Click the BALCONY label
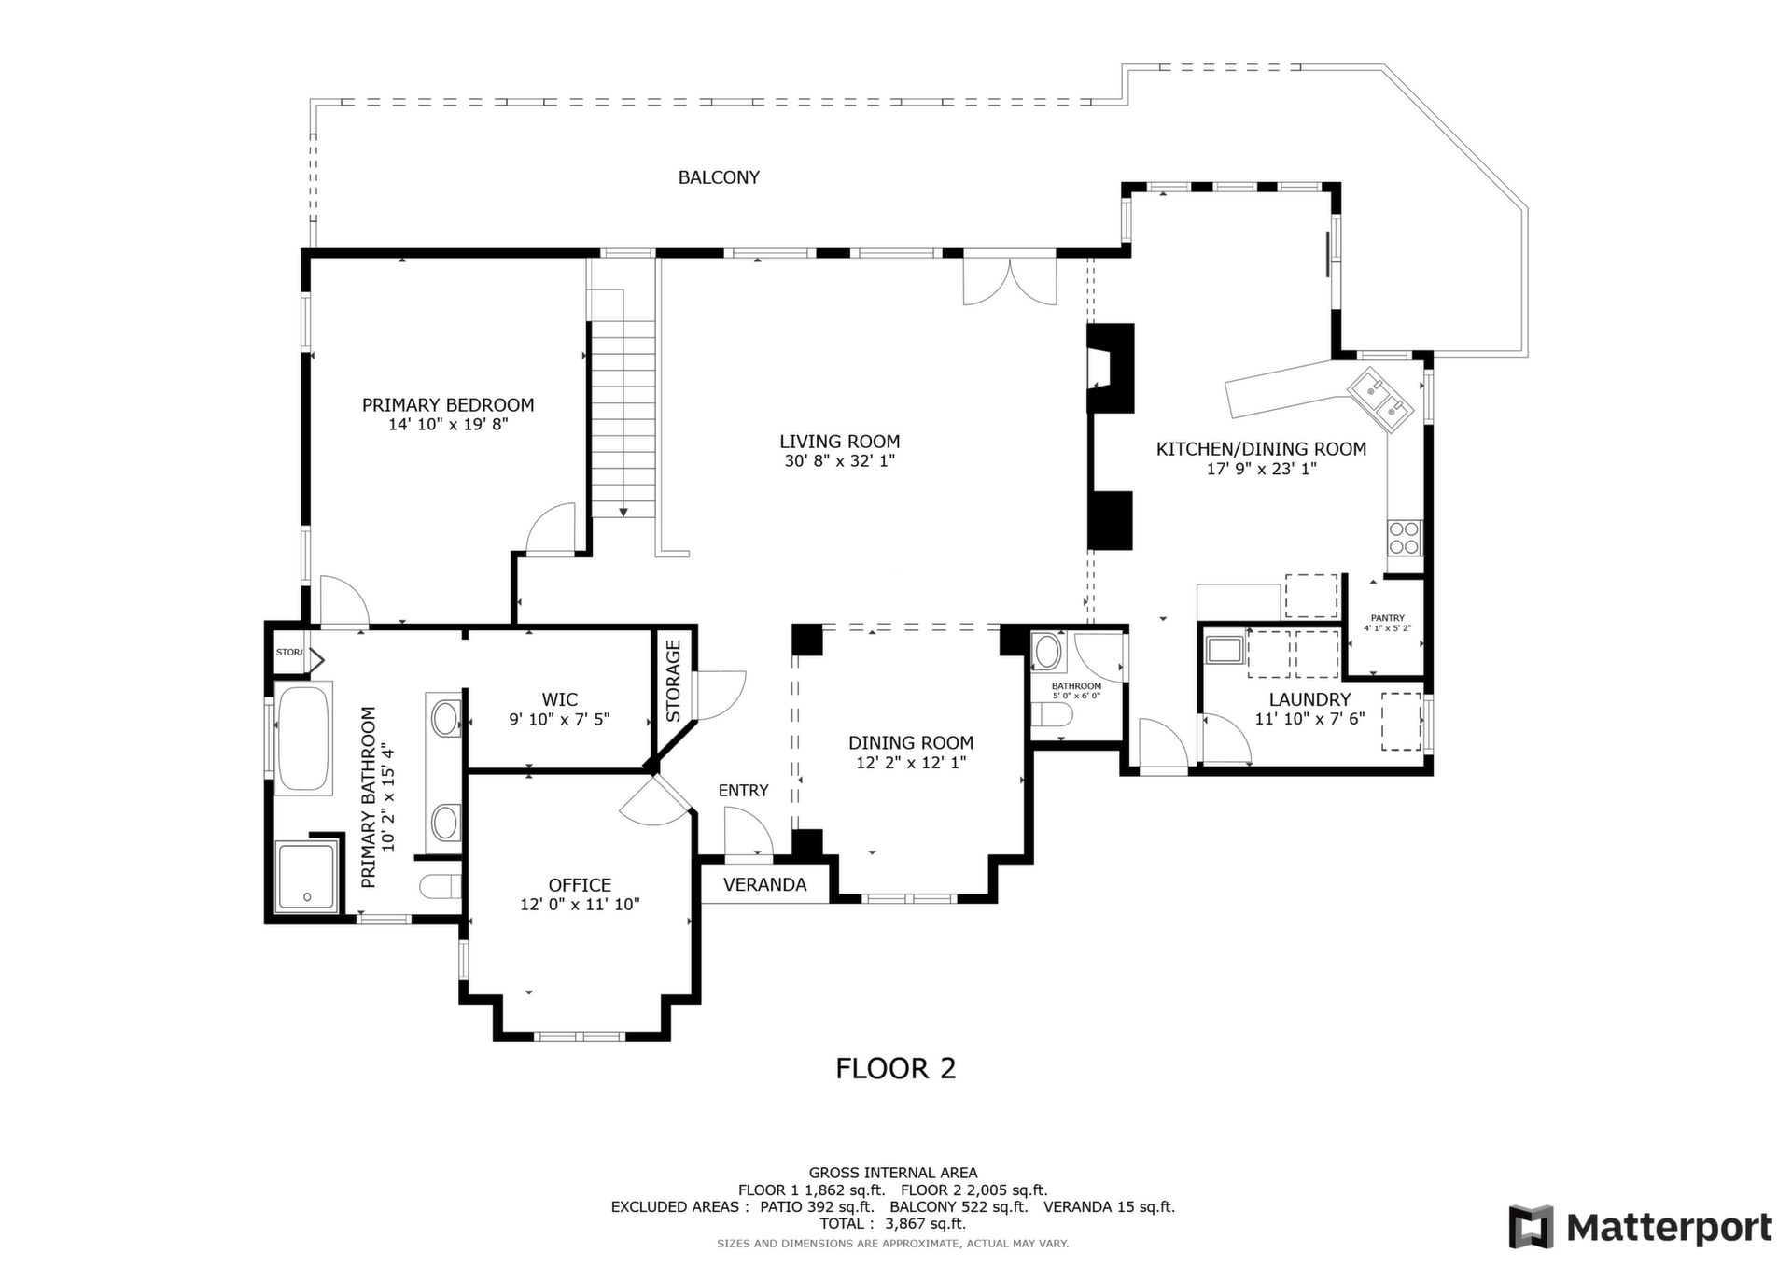click(x=719, y=177)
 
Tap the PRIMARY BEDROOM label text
click(x=448, y=405)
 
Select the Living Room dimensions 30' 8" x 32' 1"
click(x=840, y=461)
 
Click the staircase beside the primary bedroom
click(x=623, y=416)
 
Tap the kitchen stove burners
click(x=1405, y=538)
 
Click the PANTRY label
click(x=1388, y=618)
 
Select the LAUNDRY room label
click(x=1309, y=699)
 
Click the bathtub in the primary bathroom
click(x=303, y=739)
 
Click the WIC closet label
click(x=560, y=699)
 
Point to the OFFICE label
click(x=580, y=885)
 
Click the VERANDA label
click(x=765, y=885)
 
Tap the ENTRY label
click(x=744, y=791)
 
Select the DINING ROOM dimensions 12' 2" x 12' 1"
click(x=911, y=763)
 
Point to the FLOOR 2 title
click(x=896, y=1068)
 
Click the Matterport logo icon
click(x=1531, y=1227)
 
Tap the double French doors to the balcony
click(x=1010, y=282)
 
